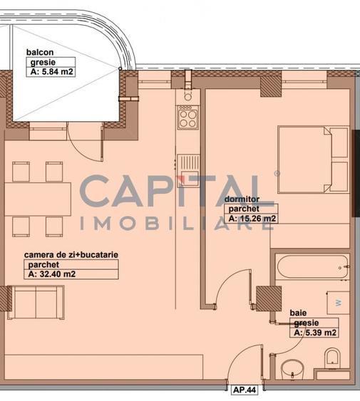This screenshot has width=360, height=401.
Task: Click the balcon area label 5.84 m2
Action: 51,71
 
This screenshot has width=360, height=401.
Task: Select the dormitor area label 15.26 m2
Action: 252,218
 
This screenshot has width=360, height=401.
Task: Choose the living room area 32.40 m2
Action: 51,273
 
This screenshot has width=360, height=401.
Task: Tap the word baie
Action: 298,313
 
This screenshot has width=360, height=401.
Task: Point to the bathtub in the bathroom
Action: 311,267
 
